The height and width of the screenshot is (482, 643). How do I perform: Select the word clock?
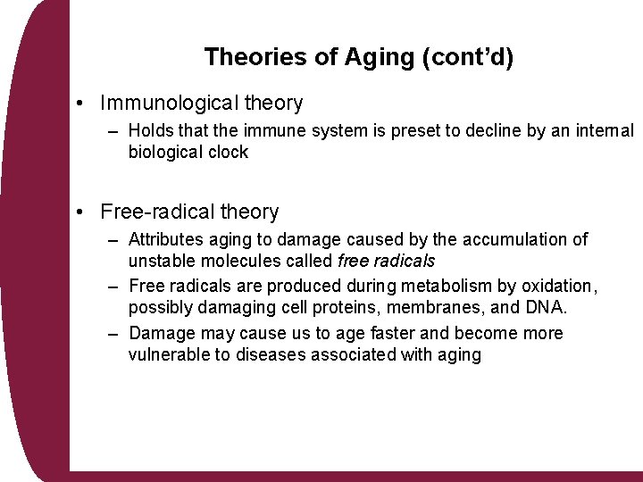pos(228,152)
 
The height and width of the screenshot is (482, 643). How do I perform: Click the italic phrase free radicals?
pos(387,261)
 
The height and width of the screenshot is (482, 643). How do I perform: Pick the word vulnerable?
pos(169,354)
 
